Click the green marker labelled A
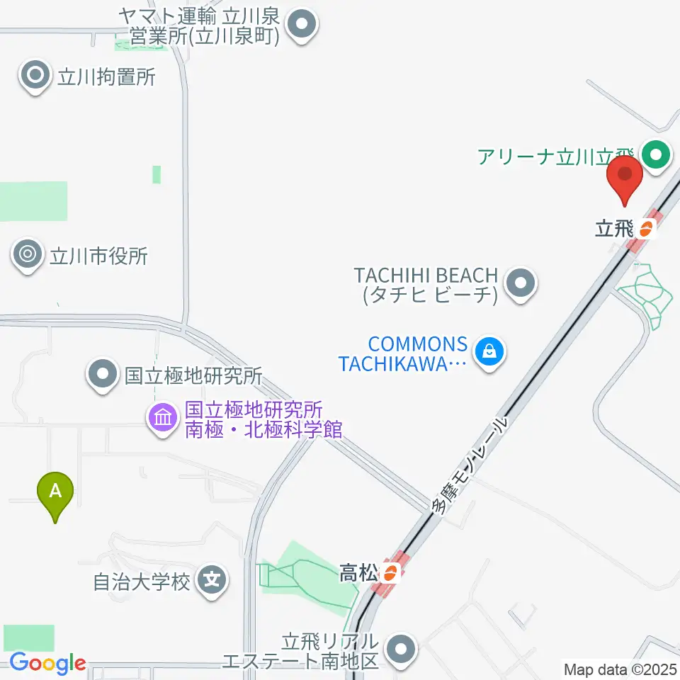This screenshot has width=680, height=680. [55, 491]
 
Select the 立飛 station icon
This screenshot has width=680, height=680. [646, 228]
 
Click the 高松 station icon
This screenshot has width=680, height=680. [390, 572]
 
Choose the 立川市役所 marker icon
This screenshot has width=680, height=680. [28, 255]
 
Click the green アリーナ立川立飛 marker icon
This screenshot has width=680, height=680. [656, 154]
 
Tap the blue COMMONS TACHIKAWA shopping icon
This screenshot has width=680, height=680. [489, 350]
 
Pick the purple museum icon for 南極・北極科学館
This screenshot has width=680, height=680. [163, 418]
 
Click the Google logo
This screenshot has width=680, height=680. [47, 663]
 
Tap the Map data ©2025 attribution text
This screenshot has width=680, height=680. [620, 668]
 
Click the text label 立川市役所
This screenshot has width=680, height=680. [98, 255]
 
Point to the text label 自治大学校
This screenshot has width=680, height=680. [142, 582]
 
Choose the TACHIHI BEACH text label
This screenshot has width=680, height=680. [429, 284]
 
